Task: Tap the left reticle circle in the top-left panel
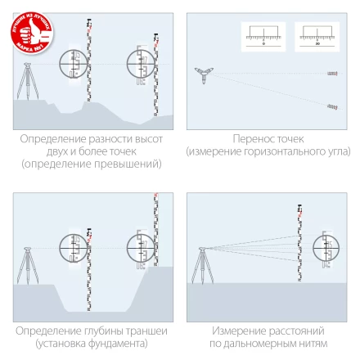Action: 74,65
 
